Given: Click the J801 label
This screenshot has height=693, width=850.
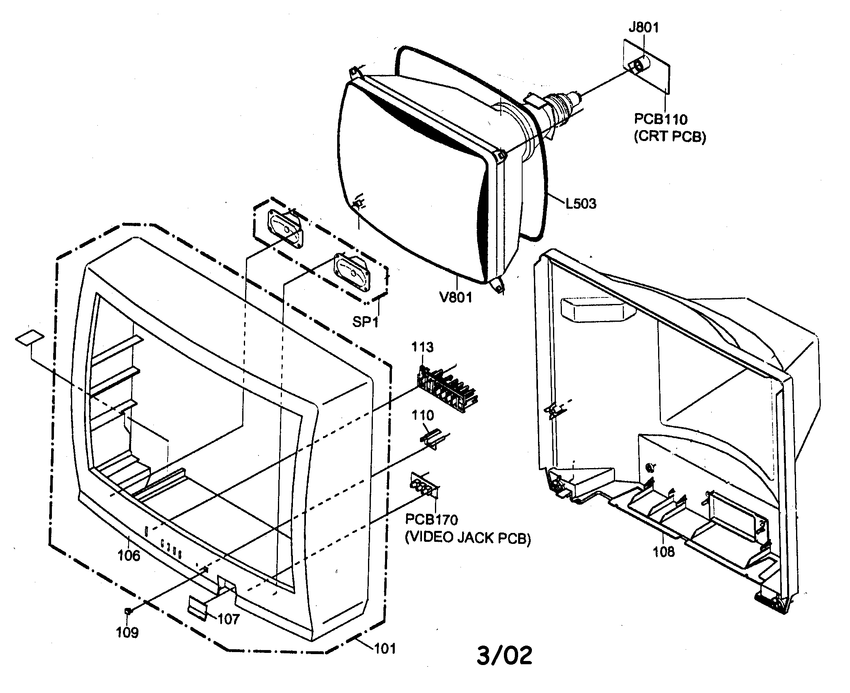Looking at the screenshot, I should point(643,28).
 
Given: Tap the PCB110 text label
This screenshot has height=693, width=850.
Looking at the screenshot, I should point(661,119).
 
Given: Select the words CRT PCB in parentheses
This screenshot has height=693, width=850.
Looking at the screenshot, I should point(670,137).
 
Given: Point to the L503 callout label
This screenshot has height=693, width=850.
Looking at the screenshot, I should point(581,203).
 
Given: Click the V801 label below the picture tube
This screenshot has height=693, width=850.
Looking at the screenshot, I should point(456,297).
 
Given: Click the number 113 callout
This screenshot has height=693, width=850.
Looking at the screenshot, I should point(422,347).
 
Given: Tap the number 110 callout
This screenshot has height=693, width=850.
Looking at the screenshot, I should point(423,415).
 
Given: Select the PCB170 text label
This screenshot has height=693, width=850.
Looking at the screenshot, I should point(432,520).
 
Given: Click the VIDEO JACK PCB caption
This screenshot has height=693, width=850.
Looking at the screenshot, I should point(468,538).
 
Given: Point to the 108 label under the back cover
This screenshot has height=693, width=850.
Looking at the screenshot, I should point(664,551).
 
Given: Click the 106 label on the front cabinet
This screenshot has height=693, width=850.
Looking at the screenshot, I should point(129,555).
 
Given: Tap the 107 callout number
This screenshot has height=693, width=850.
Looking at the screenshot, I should point(228,619).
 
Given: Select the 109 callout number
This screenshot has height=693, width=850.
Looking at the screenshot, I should point(127,632).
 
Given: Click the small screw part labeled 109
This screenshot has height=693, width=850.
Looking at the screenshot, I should point(128,611).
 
